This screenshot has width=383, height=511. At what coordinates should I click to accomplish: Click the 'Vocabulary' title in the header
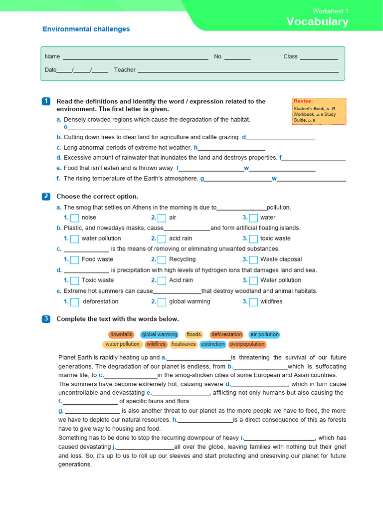(317, 21)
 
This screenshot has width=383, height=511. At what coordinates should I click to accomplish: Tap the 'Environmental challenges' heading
(86, 29)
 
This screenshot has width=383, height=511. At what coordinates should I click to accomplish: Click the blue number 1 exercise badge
(46, 101)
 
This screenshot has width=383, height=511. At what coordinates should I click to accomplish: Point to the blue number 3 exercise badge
(46, 319)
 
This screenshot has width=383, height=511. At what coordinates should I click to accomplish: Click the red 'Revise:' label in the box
(303, 101)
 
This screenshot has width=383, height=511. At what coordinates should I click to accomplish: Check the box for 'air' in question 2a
(162, 218)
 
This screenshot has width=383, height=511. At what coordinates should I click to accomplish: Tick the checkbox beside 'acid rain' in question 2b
(162, 239)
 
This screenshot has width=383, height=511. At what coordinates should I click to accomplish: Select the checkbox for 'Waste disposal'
(253, 259)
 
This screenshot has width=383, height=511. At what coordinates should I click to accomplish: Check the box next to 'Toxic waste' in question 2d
(75, 280)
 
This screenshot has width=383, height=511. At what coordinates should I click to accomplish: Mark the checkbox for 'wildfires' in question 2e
(253, 302)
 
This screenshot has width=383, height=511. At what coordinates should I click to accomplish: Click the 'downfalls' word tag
(121, 334)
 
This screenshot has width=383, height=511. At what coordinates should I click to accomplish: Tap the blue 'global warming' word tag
(160, 334)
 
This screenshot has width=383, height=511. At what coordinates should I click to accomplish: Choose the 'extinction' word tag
(213, 344)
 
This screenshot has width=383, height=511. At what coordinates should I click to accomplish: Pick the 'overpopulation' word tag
(247, 344)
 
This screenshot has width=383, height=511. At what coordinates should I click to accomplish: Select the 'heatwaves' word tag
(184, 344)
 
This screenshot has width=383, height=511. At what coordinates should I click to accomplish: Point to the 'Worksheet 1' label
(331, 11)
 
